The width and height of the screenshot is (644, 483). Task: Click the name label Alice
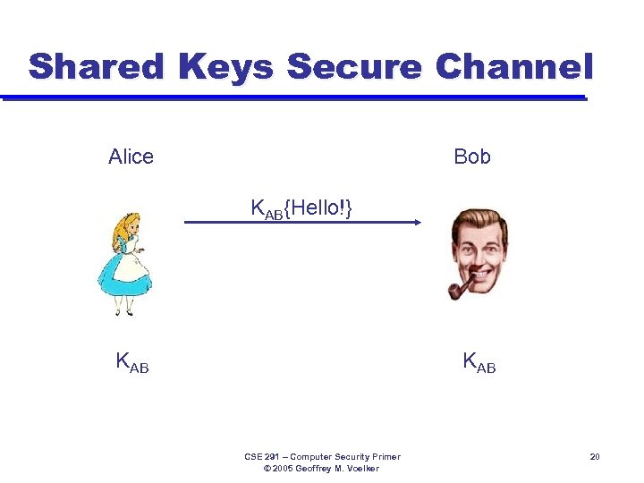(131, 157)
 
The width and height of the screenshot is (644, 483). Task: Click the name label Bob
(472, 157)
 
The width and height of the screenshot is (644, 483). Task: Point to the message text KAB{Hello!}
(301, 208)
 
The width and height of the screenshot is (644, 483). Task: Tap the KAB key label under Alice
(131, 362)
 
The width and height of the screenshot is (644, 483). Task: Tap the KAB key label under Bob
(479, 362)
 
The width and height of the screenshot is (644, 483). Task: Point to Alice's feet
(123, 311)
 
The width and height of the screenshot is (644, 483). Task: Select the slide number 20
(594, 457)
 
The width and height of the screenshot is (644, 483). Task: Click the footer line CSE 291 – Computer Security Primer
(322, 457)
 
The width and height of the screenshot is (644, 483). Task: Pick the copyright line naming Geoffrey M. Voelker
(322, 469)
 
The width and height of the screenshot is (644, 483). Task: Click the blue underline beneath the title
(295, 97)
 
